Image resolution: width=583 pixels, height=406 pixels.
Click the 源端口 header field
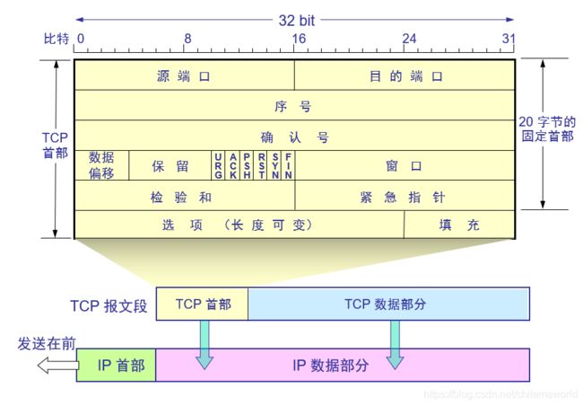click(x=184, y=76)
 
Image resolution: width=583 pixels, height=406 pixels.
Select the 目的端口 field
click(x=405, y=76)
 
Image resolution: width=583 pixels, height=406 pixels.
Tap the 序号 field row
click(x=294, y=106)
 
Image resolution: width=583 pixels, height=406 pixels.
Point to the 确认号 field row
click(x=294, y=137)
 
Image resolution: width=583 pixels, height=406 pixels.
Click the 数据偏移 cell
click(x=101, y=166)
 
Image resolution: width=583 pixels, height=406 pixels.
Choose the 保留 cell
click(x=170, y=166)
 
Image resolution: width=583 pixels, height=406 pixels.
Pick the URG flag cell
click(x=218, y=166)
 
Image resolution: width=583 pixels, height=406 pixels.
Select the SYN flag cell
click(x=275, y=166)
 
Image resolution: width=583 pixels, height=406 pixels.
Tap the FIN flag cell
click(x=289, y=166)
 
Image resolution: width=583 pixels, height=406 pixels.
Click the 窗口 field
click(x=405, y=166)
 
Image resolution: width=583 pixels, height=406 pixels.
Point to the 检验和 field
click(x=184, y=197)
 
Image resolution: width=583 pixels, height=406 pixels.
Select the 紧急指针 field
click(x=405, y=197)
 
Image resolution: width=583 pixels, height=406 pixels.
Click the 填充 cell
click(x=459, y=225)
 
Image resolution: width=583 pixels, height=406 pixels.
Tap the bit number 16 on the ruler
click(x=298, y=39)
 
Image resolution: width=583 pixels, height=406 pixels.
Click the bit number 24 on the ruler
click(x=408, y=39)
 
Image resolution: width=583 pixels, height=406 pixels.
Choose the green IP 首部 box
click(x=116, y=365)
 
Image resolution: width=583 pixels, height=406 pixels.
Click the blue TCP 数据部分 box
click(x=387, y=304)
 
